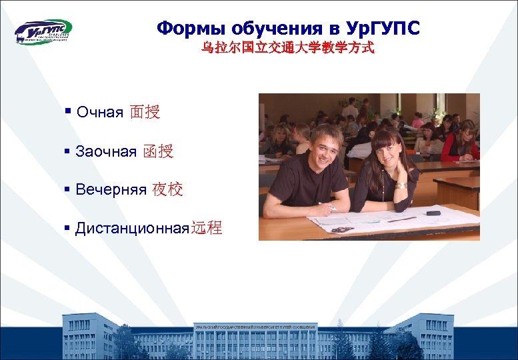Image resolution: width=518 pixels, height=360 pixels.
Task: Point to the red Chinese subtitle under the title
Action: pyautogui.click(x=288, y=49)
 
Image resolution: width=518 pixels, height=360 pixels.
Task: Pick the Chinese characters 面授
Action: pyautogui.click(x=145, y=112)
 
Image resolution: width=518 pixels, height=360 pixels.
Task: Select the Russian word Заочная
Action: pyautogui.click(x=106, y=151)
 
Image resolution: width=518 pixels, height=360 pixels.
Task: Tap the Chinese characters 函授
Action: pyautogui.click(x=158, y=151)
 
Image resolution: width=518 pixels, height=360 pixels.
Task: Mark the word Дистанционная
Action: pyautogui.click(x=133, y=229)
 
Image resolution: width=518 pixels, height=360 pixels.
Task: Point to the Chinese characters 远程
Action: pyautogui.click(x=206, y=229)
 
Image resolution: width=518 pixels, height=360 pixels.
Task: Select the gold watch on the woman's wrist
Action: pyautogui.click(x=401, y=186)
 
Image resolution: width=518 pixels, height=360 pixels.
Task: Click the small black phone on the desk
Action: pyautogui.click(x=433, y=213)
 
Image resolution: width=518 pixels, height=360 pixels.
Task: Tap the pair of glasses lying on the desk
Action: pyautogui.click(x=341, y=229)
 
